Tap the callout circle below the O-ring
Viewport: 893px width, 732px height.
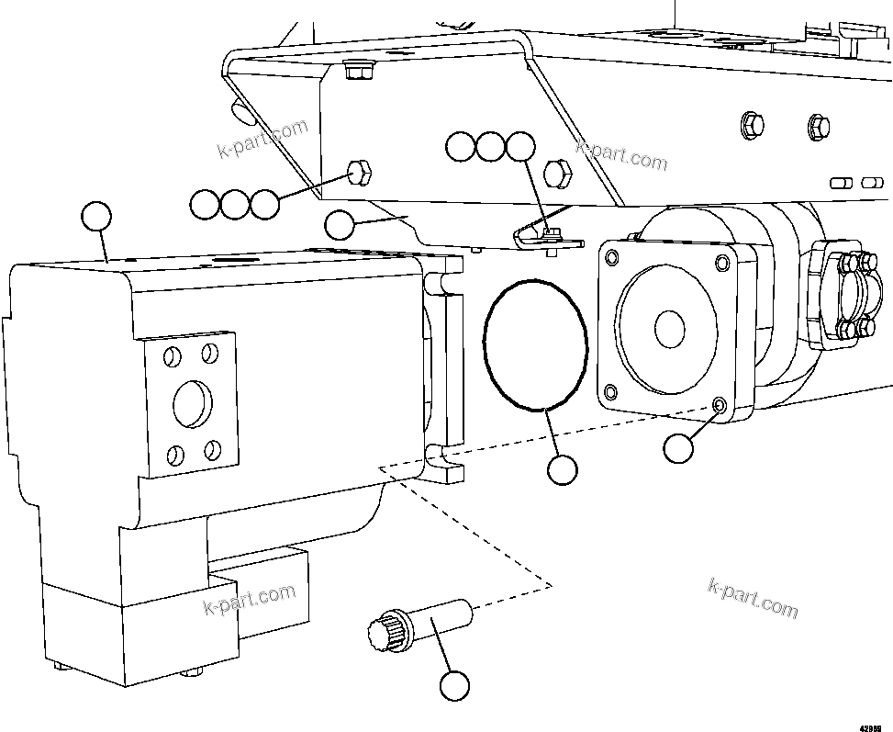pos(562,469)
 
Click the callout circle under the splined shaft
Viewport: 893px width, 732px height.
pos(454,685)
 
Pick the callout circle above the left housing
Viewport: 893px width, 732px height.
pos(95,217)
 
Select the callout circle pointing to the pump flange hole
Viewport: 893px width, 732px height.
pos(678,448)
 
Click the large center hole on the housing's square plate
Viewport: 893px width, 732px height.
pos(192,400)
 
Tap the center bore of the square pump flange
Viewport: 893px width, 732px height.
pos(669,326)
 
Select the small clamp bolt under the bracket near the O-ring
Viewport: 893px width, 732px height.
pos(550,234)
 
